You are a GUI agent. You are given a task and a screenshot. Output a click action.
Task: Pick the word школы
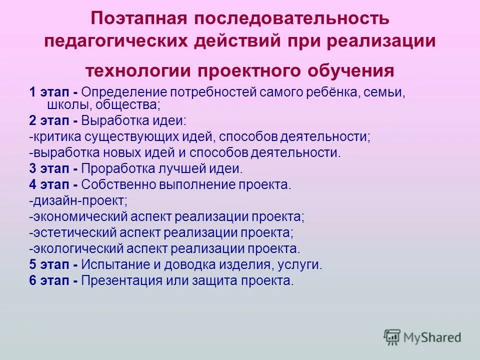pyautogui.click(x=65, y=105)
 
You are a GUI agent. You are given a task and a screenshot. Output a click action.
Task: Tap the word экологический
pyautogui.click(x=80, y=248)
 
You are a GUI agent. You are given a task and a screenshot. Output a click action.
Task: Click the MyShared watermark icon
pyautogui.click(x=392, y=337)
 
